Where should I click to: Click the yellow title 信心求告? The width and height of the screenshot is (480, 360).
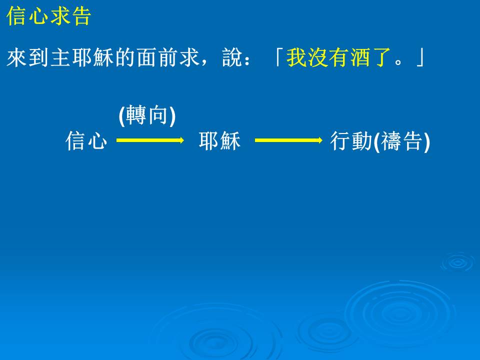tap(48, 16)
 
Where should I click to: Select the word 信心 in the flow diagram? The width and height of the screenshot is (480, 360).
tap(86, 141)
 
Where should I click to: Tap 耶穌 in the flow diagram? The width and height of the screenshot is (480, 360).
tap(219, 141)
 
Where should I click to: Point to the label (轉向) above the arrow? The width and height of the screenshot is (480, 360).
tap(147, 115)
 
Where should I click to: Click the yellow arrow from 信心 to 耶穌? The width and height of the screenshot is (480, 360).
tap(150, 140)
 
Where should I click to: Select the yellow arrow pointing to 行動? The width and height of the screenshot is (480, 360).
tap(288, 140)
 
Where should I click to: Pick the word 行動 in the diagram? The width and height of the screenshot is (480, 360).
tap(351, 141)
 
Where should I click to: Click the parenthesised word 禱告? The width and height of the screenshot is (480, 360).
tap(401, 141)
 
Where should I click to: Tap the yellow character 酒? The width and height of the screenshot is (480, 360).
tap(360, 57)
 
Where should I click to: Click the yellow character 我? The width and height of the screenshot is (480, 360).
tap(296, 57)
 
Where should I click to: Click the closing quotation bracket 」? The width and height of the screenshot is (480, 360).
tap(420, 57)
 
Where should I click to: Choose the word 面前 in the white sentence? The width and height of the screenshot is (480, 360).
tap(157, 57)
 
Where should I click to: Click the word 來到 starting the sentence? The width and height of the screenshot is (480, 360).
tap(27, 57)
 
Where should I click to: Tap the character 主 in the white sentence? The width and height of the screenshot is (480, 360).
tap(60, 57)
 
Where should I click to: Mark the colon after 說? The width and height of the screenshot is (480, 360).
tap(247, 59)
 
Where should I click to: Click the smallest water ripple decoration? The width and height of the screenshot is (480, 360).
tap(457, 262)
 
